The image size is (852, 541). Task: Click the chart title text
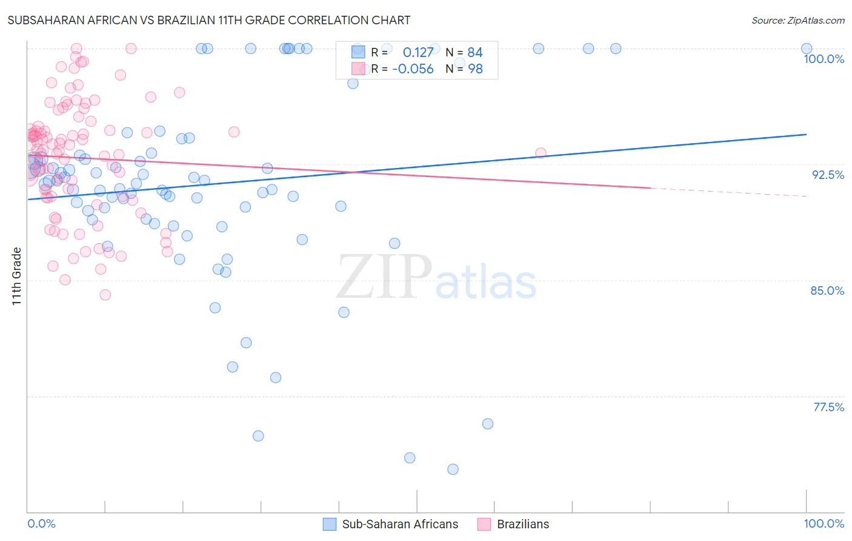tap(209, 21)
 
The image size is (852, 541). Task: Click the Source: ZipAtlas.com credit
tap(797, 21)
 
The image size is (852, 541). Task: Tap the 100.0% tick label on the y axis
tap(824, 59)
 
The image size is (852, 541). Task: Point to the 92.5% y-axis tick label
tap(828, 175)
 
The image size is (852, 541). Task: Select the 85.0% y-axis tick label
tap(827, 291)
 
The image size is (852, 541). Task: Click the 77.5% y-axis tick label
tap(828, 407)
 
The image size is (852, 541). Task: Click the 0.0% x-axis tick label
tap(41, 523)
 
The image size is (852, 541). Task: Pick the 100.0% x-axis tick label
tap(824, 523)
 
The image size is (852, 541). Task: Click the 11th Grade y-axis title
tap(16, 276)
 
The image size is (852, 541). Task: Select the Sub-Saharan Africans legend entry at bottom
tap(400, 524)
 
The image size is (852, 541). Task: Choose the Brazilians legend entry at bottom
tap(522, 524)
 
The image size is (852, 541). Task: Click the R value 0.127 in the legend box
tap(418, 53)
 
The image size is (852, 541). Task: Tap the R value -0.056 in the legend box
tap(413, 69)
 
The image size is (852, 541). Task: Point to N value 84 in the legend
tap(475, 53)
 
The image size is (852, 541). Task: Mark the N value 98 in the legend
tap(475, 69)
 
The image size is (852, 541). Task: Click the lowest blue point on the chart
tap(453, 469)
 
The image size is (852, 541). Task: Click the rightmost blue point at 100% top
tap(807, 49)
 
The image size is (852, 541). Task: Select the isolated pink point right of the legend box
tap(541, 153)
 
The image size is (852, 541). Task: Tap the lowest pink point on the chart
tap(105, 295)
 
